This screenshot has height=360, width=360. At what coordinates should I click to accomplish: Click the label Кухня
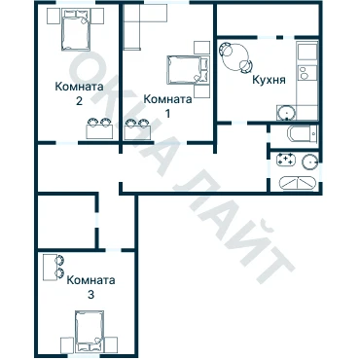click(269, 80)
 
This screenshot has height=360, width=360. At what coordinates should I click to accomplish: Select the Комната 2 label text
click(80, 93)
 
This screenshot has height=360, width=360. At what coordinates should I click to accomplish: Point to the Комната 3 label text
click(90, 287)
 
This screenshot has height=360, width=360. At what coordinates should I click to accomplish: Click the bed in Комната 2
click(76, 30)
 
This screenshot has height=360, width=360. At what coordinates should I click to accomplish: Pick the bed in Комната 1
click(188, 70)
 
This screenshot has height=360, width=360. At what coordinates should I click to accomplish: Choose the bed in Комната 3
click(90, 332)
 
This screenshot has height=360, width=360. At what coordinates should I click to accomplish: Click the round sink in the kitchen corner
click(287, 113)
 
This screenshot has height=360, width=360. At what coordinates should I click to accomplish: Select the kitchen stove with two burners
click(306, 72)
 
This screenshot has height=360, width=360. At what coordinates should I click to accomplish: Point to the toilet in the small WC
click(302, 133)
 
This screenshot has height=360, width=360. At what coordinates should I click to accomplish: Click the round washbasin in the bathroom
click(310, 162)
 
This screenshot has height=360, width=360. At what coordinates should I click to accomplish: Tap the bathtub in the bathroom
click(298, 183)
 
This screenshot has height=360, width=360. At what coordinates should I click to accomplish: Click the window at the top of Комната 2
click(76, 2)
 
